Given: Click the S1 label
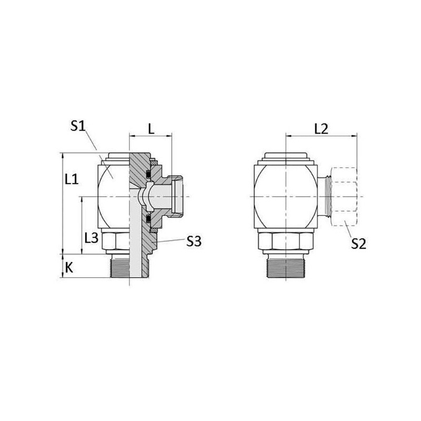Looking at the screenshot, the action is pyautogui.click(x=78, y=126).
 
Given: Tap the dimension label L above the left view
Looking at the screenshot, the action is pyautogui.click(x=152, y=129).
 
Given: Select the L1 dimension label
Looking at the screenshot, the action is pyautogui.click(x=72, y=179).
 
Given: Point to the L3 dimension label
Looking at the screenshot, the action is pyautogui.click(x=92, y=238).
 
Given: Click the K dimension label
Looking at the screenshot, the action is pyautogui.click(x=69, y=268).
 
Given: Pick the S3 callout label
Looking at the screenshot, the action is pyautogui.click(x=194, y=242).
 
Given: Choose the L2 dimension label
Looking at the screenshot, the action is pyautogui.click(x=322, y=129).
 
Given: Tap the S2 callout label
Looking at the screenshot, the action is pyautogui.click(x=359, y=244).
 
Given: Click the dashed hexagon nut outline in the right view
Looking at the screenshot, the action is pyautogui.click(x=344, y=196).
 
